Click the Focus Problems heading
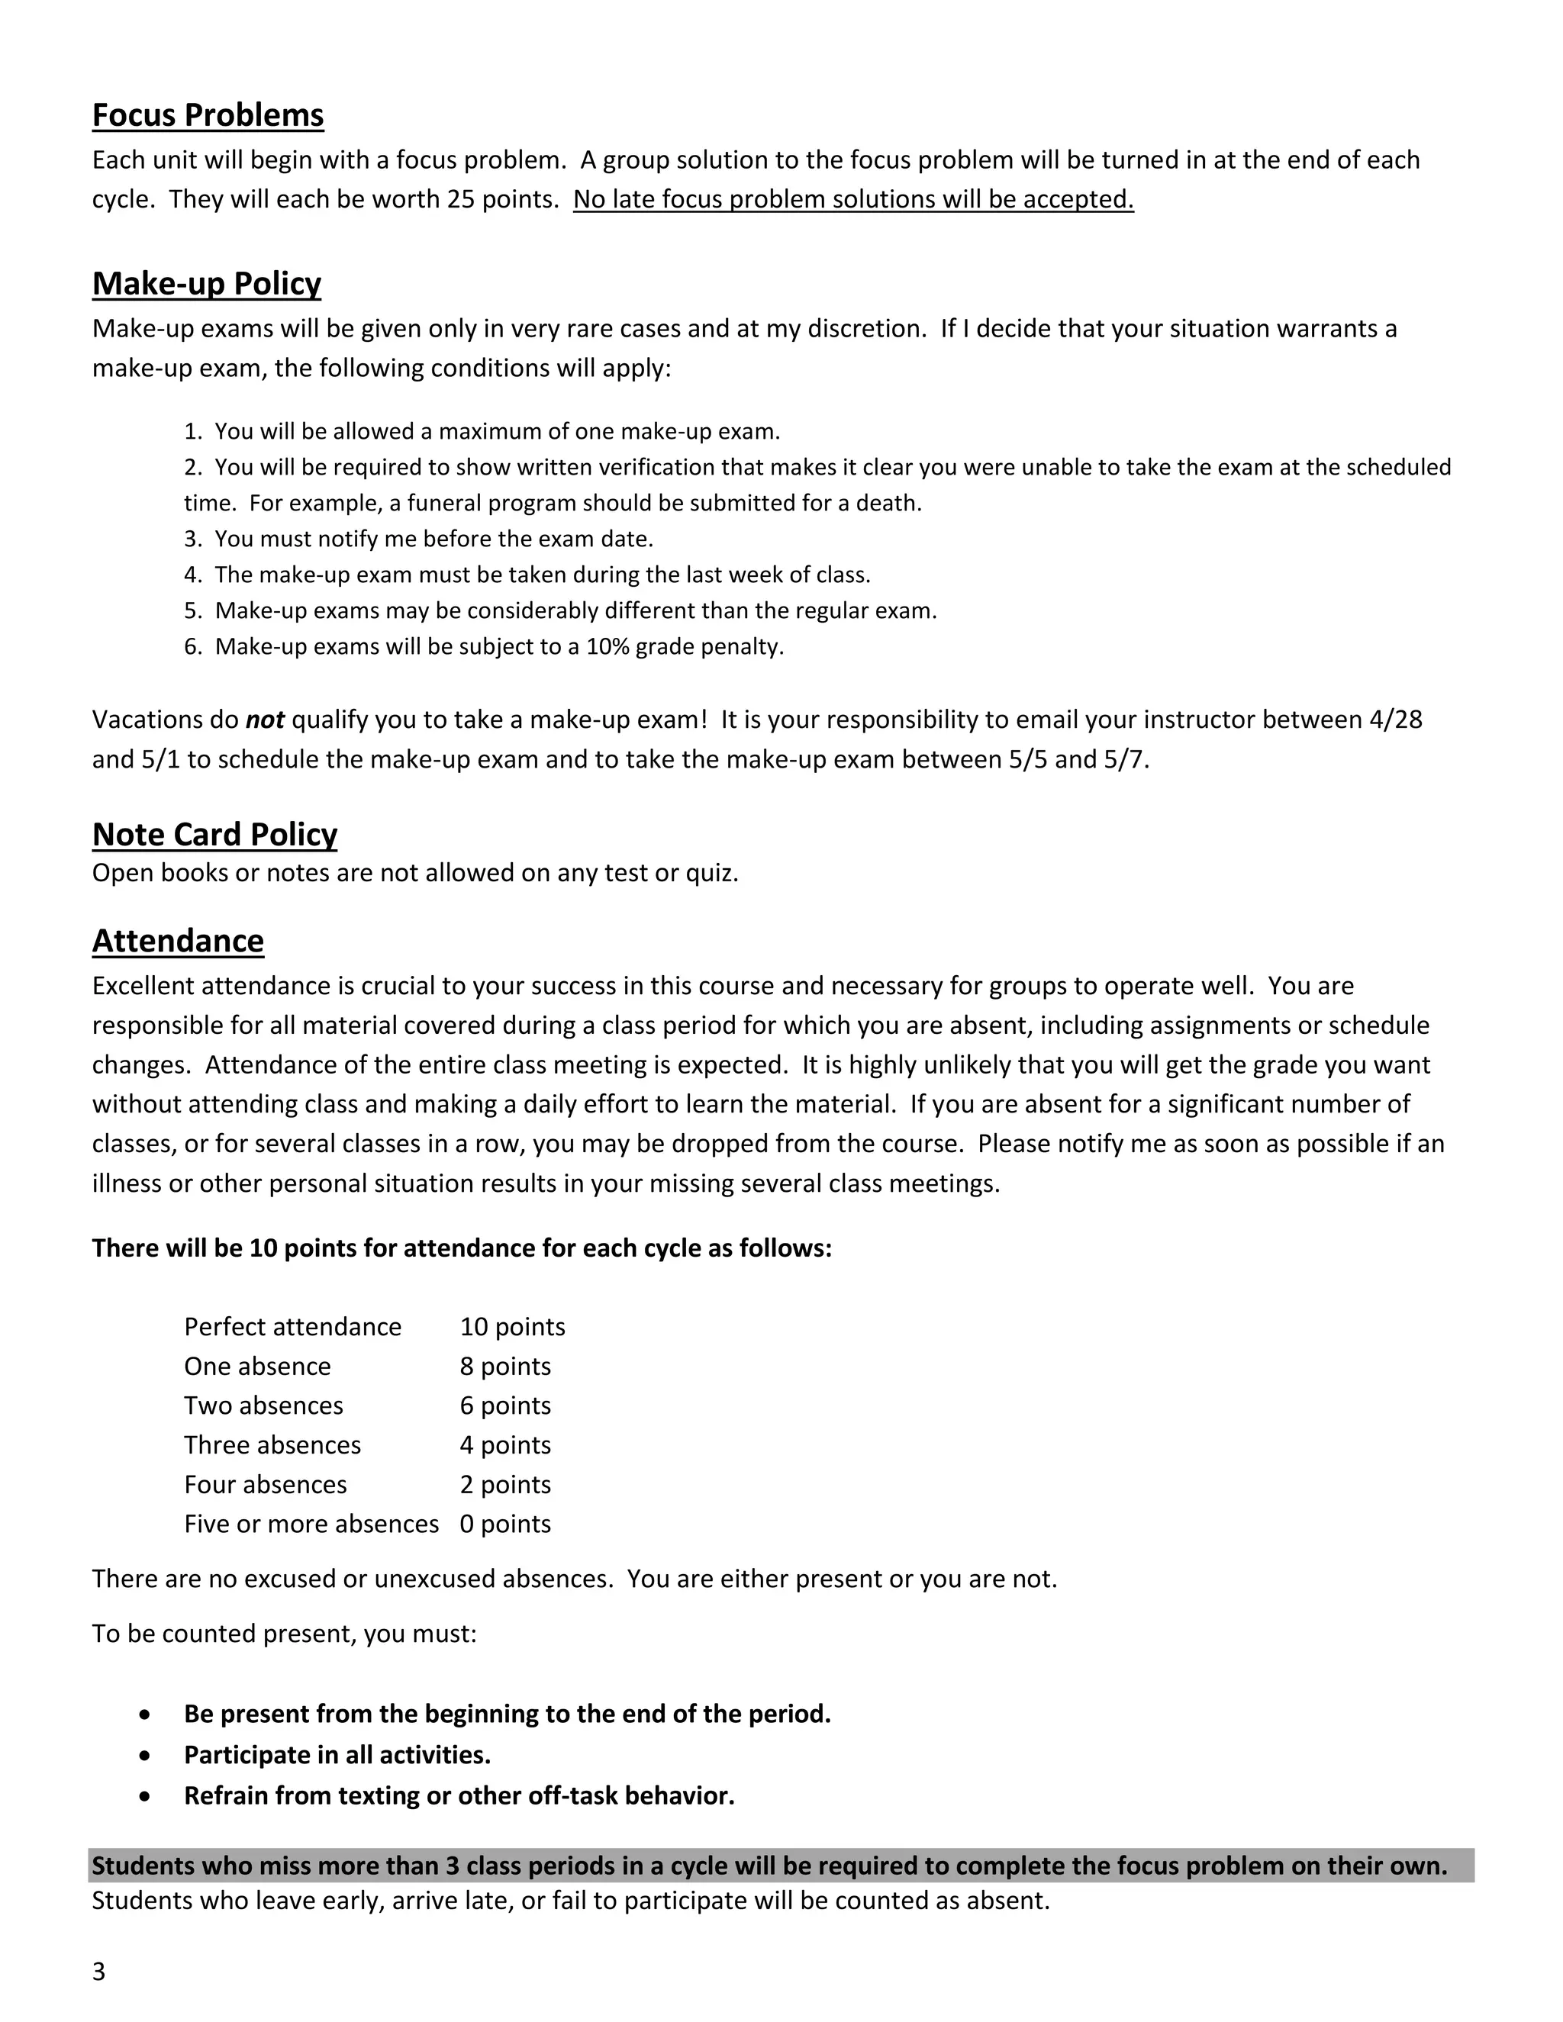[x=208, y=116]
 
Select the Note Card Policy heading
[x=214, y=835]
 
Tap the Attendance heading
[x=178, y=942]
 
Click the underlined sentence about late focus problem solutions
[x=852, y=200]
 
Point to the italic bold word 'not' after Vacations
[x=265, y=720]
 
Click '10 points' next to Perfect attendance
[x=512, y=1328]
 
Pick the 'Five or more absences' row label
[x=311, y=1525]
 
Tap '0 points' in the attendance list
[x=504, y=1525]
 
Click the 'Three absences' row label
[x=272, y=1446]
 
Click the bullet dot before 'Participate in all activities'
[x=144, y=1756]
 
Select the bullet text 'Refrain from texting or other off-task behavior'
[x=459, y=1797]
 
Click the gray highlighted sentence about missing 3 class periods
[x=769, y=1866]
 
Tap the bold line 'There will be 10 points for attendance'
[x=461, y=1249]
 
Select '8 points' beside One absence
[x=504, y=1367]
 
